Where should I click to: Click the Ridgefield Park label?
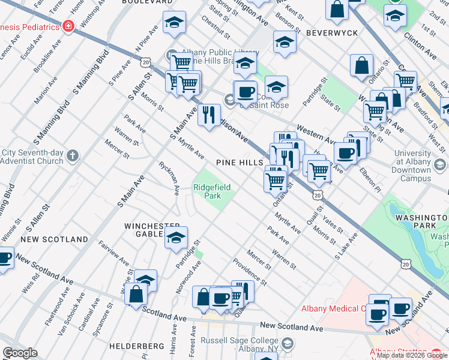[212, 191]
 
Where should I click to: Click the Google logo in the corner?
[20, 353]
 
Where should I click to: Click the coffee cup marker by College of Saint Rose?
[245, 92]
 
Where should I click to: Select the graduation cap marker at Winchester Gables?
[176, 237]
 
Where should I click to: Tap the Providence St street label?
[249, 269]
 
